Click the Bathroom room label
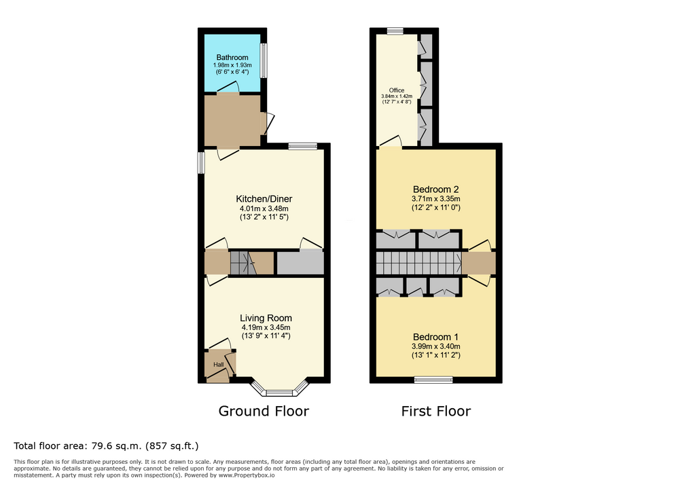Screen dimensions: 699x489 (x=232, y=58)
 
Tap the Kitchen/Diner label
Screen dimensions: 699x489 (x=264, y=199)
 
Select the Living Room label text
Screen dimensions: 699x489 (x=266, y=318)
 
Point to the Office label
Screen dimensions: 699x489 (x=396, y=90)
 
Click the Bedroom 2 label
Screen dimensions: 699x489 (x=435, y=189)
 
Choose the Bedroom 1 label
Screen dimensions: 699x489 (x=435, y=337)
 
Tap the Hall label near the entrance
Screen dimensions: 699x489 (x=219, y=365)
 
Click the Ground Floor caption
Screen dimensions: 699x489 (x=264, y=411)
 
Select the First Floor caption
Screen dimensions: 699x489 (x=435, y=411)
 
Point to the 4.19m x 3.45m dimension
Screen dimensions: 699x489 (x=266, y=327)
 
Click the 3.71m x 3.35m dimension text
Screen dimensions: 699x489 (x=435, y=199)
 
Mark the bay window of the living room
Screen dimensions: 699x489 (x=279, y=388)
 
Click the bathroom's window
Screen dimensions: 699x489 (x=264, y=60)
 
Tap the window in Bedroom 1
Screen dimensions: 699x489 (x=433, y=380)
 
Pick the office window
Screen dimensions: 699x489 (x=395, y=31)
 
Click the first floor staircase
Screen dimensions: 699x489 (x=418, y=263)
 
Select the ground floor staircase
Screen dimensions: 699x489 (x=243, y=263)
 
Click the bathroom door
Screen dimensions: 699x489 (x=228, y=88)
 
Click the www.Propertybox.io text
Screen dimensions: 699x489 (x=247, y=475)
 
